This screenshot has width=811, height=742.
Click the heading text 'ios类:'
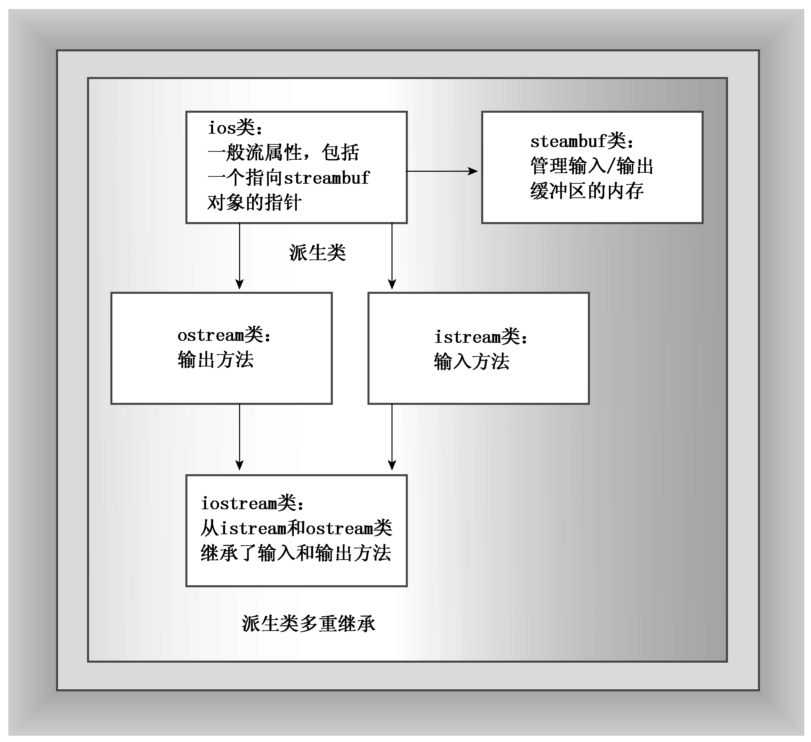tap(235, 128)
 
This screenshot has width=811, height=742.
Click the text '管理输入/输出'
tap(591, 166)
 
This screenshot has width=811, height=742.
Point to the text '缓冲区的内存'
tap(587, 191)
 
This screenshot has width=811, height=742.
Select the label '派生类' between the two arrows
tap(317, 253)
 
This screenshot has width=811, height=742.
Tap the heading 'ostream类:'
tap(224, 335)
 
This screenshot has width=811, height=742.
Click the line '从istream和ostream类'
tap(296, 528)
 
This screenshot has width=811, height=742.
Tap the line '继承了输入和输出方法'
tap(296, 553)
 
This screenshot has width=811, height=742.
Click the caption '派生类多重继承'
tap(308, 624)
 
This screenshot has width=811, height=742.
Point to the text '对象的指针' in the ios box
tap(254, 203)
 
